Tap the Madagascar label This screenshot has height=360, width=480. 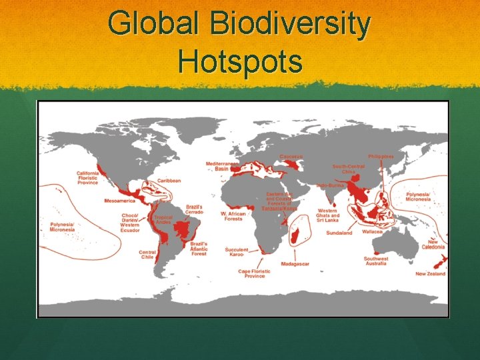click(295, 264)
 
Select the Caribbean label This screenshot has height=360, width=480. click(169, 181)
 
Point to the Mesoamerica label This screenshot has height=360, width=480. click(119, 201)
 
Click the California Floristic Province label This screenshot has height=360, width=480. click(87, 177)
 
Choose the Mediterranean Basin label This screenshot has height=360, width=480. click(222, 166)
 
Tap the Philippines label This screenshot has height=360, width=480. click(381, 157)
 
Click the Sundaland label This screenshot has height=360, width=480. click(339, 233)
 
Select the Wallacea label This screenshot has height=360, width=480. click(371, 232)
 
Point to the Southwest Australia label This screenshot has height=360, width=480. click(376, 261)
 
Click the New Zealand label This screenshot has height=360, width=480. click(430, 273)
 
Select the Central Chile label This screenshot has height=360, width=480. click(147, 255)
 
